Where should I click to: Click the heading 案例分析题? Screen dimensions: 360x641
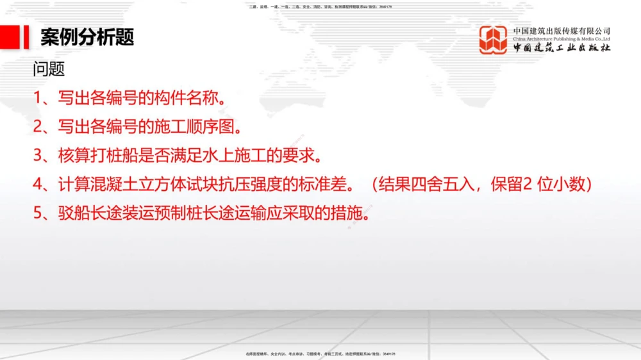pyautogui.click(x=87, y=37)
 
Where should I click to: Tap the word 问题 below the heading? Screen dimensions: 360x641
pyautogui.click(x=49, y=69)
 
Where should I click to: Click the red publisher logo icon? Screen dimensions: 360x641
pyautogui.click(x=493, y=40)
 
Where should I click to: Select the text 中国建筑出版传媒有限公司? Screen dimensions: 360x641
pyautogui.click(x=562, y=31)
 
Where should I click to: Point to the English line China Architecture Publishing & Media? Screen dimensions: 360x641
pyautogui.click(x=562, y=39)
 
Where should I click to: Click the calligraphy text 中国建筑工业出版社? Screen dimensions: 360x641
pyautogui.click(x=562, y=48)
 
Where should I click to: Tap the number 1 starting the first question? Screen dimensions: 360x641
pyautogui.click(x=38, y=98)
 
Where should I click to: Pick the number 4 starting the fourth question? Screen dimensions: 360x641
pyautogui.click(x=38, y=184)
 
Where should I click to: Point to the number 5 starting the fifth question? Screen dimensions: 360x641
pyautogui.click(x=38, y=213)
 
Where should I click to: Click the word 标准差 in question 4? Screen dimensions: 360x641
pyautogui.click(x=331, y=184)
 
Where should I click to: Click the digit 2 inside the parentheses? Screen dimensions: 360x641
pyautogui.click(x=528, y=184)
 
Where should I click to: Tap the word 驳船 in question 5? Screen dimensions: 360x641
pyautogui.click(x=73, y=213)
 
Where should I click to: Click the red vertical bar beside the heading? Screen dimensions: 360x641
pyautogui.click(x=26, y=37)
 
